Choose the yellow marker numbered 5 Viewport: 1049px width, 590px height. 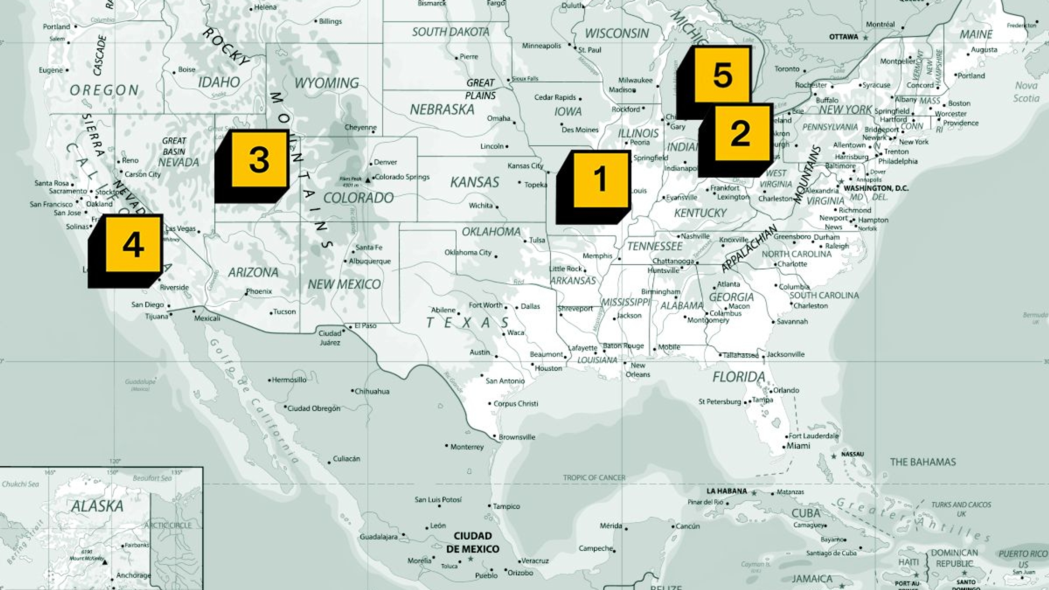pos(722,75)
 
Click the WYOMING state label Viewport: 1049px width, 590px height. pos(327,83)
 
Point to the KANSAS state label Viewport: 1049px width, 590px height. pos(475,182)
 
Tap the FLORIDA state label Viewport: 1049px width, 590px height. pos(739,377)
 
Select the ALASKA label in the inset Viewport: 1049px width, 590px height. pos(97,506)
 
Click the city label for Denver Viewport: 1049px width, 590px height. pos(385,162)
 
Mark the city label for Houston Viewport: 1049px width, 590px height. pos(548,368)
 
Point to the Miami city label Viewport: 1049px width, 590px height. pos(798,446)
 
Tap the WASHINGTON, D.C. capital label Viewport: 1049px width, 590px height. pos(875,188)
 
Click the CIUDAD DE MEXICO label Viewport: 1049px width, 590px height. pos(472,542)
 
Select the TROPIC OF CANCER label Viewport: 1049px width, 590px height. pos(594,478)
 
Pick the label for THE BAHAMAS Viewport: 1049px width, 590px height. pos(923,462)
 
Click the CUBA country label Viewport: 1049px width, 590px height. pos(806,513)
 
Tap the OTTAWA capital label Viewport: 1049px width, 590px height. pos(844,37)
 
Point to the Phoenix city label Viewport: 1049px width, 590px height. pos(259,292)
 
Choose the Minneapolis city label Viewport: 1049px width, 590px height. pos(541,46)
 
